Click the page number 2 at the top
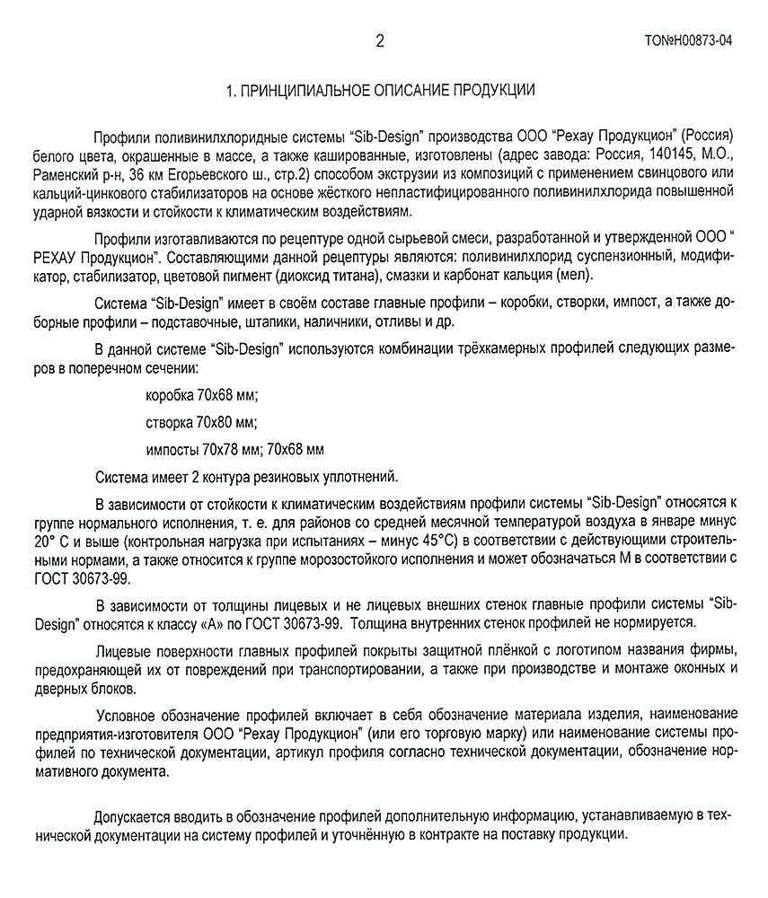click(380, 40)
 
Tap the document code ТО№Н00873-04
click(687, 40)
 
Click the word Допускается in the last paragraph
click(136, 815)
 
